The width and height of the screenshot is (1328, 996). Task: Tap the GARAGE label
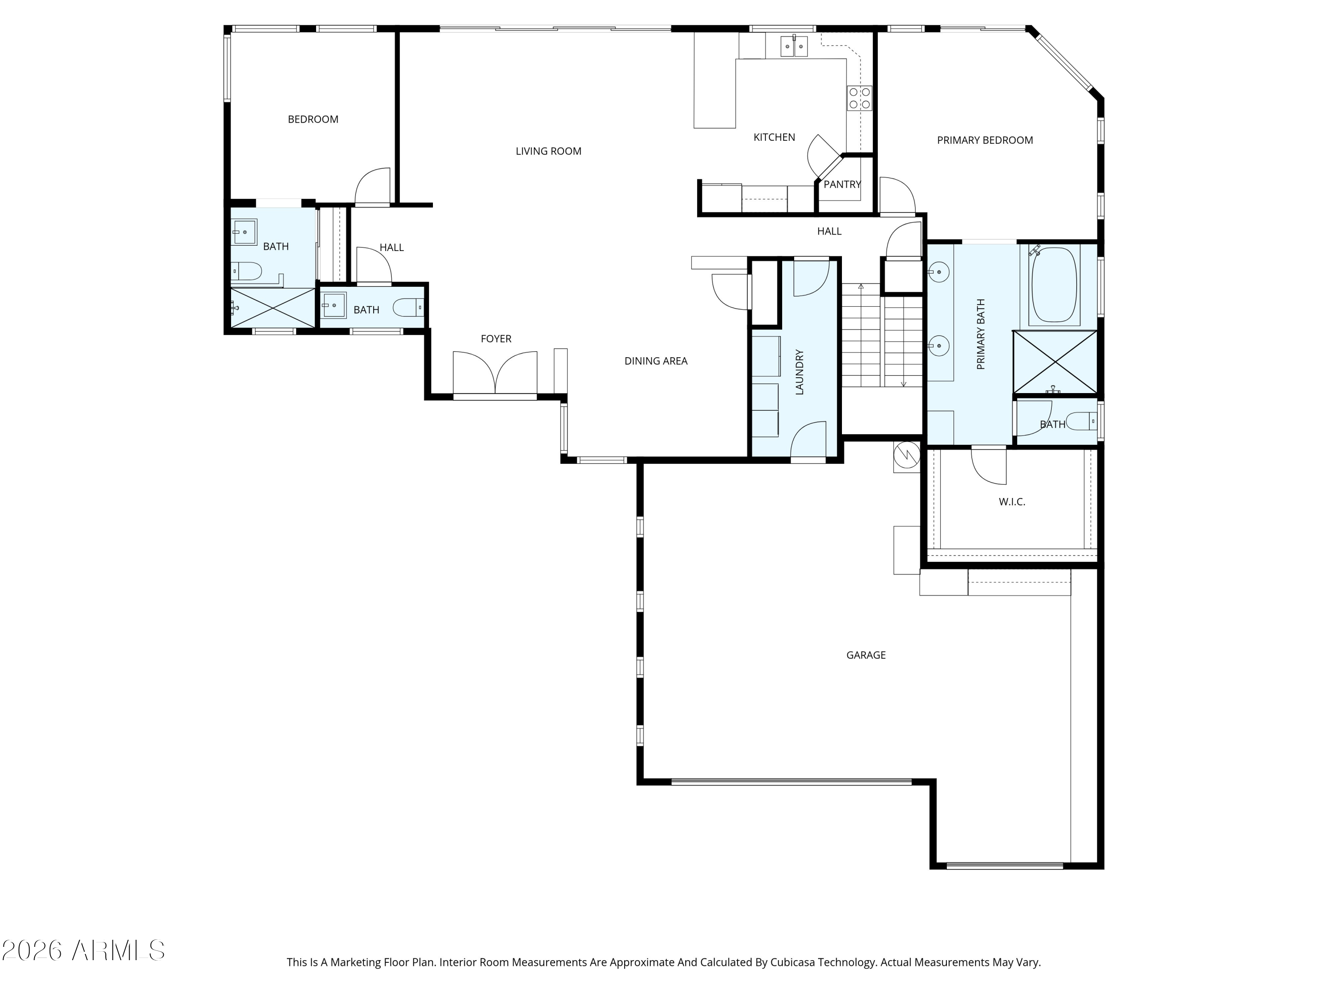pyautogui.click(x=866, y=655)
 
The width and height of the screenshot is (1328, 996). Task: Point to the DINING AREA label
pyautogui.click(x=656, y=361)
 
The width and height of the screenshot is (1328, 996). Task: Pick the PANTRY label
pyautogui.click(x=842, y=184)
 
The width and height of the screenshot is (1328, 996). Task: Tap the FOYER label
pyautogui.click(x=496, y=339)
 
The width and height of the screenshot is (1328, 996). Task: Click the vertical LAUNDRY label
pyautogui.click(x=799, y=372)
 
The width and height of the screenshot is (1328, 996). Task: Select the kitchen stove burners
pyautogui.click(x=859, y=98)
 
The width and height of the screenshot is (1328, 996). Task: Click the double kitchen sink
pyautogui.click(x=794, y=46)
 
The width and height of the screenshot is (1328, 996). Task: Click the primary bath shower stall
pyautogui.click(x=1055, y=363)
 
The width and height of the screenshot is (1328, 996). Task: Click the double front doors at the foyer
pyautogui.click(x=495, y=373)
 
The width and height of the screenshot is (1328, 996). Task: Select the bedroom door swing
pyautogui.click(x=372, y=187)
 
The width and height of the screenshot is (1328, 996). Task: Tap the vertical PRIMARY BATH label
pyautogui.click(x=981, y=334)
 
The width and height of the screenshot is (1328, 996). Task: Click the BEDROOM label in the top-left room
pyautogui.click(x=313, y=120)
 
